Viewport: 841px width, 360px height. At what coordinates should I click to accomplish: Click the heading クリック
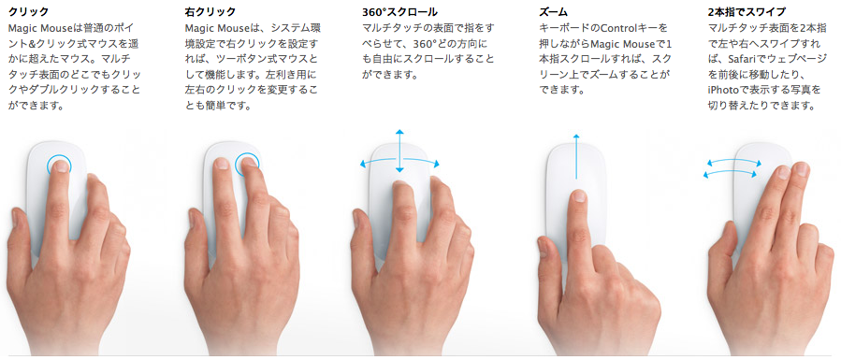tap(28, 11)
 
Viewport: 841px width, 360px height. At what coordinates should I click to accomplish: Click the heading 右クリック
tap(210, 11)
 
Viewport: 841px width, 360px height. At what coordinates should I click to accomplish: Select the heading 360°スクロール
tap(399, 11)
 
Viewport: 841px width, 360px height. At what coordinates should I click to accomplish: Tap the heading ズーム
tap(554, 11)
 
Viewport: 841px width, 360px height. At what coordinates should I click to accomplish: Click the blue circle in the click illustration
tap(58, 165)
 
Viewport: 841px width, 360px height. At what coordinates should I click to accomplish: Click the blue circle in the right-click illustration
tap(247, 164)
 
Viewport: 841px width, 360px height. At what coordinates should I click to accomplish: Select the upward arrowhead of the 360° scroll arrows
tap(399, 132)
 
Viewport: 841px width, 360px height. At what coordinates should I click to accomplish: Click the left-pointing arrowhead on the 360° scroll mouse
tap(363, 165)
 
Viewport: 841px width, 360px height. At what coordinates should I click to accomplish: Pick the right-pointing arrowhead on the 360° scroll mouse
tap(436, 164)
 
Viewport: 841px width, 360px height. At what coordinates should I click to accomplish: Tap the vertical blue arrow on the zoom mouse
tap(576, 156)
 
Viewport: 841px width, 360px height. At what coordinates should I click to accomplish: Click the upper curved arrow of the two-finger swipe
tap(733, 162)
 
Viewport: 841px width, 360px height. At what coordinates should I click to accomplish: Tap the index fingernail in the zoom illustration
tap(578, 196)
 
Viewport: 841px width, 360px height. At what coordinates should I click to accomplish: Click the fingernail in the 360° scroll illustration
tap(399, 187)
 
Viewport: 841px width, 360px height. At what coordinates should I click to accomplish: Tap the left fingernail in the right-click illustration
tap(221, 164)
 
